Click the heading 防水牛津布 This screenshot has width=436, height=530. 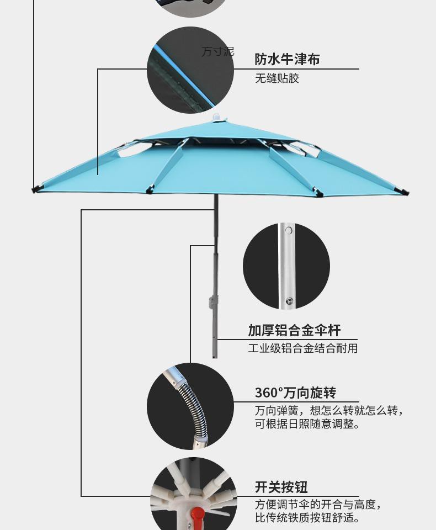287,59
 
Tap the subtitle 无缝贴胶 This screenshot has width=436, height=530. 277,78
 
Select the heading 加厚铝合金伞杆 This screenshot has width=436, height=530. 294,330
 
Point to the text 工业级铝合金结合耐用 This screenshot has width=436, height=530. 302,348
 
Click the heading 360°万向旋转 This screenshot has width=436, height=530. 295,393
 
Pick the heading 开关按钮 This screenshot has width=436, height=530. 281,487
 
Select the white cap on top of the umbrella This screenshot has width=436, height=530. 218,118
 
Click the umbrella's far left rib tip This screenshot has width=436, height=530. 35,190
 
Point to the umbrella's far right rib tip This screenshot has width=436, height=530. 406,193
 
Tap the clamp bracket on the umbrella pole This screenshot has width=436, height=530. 213,303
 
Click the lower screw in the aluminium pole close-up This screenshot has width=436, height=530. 288,301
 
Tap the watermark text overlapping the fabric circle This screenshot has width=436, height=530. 217,52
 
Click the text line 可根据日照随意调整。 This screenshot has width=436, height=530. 307,424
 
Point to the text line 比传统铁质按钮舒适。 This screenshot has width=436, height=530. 307,518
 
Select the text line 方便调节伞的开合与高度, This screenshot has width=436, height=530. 318,504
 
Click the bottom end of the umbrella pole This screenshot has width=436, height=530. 215,356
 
